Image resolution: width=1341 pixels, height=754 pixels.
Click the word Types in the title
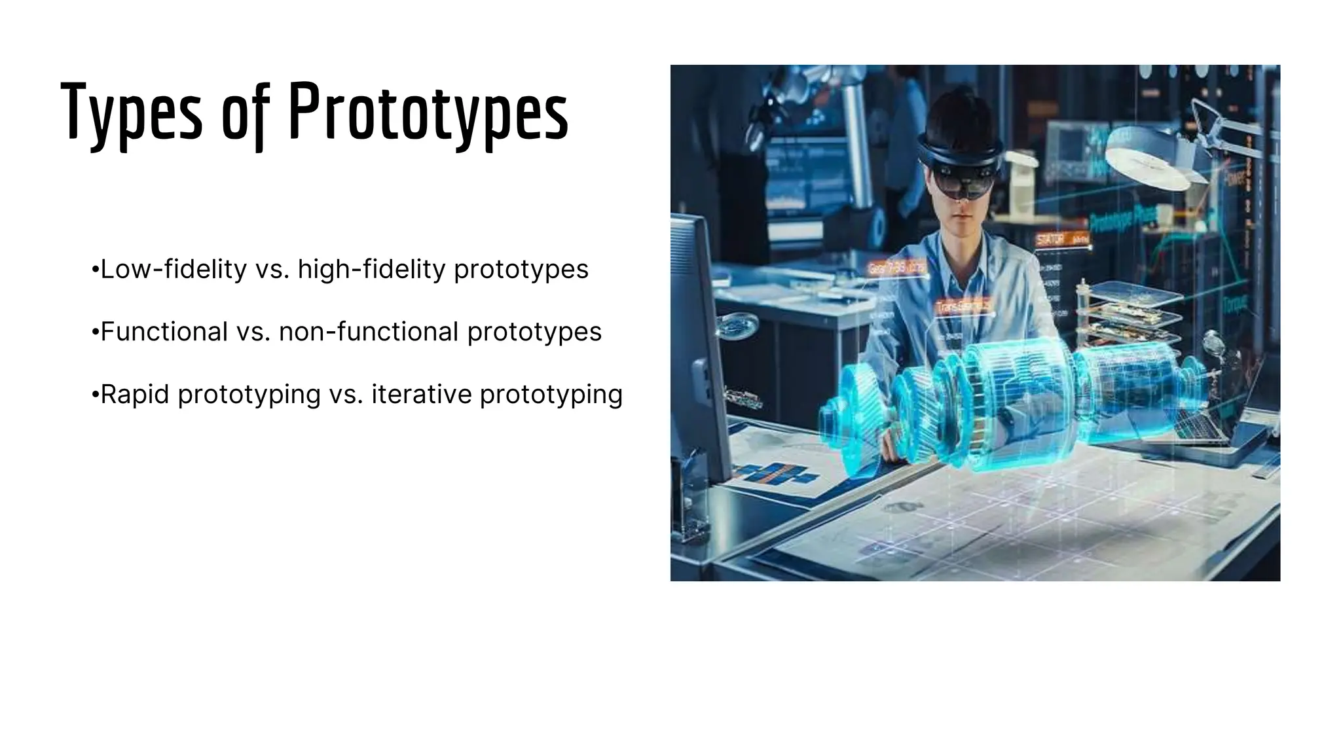point(132,113)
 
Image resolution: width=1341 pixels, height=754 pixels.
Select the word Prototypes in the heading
point(428,113)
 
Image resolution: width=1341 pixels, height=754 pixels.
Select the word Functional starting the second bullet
point(164,332)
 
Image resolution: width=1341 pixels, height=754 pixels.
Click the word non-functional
point(369,332)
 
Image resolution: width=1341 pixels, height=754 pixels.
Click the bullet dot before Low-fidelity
point(96,270)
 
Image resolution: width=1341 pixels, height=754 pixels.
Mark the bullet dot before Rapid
point(96,395)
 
